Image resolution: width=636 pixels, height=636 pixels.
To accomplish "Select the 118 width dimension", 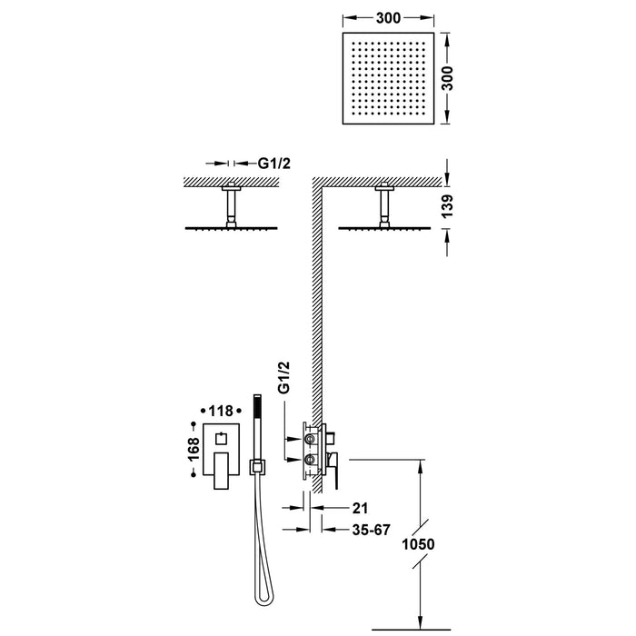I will pyautogui.click(x=223, y=410).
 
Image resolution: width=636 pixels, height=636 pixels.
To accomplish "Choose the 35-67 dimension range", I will pyautogui.click(x=349, y=527).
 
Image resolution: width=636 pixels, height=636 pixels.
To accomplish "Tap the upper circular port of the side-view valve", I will pyautogui.click(x=312, y=441).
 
